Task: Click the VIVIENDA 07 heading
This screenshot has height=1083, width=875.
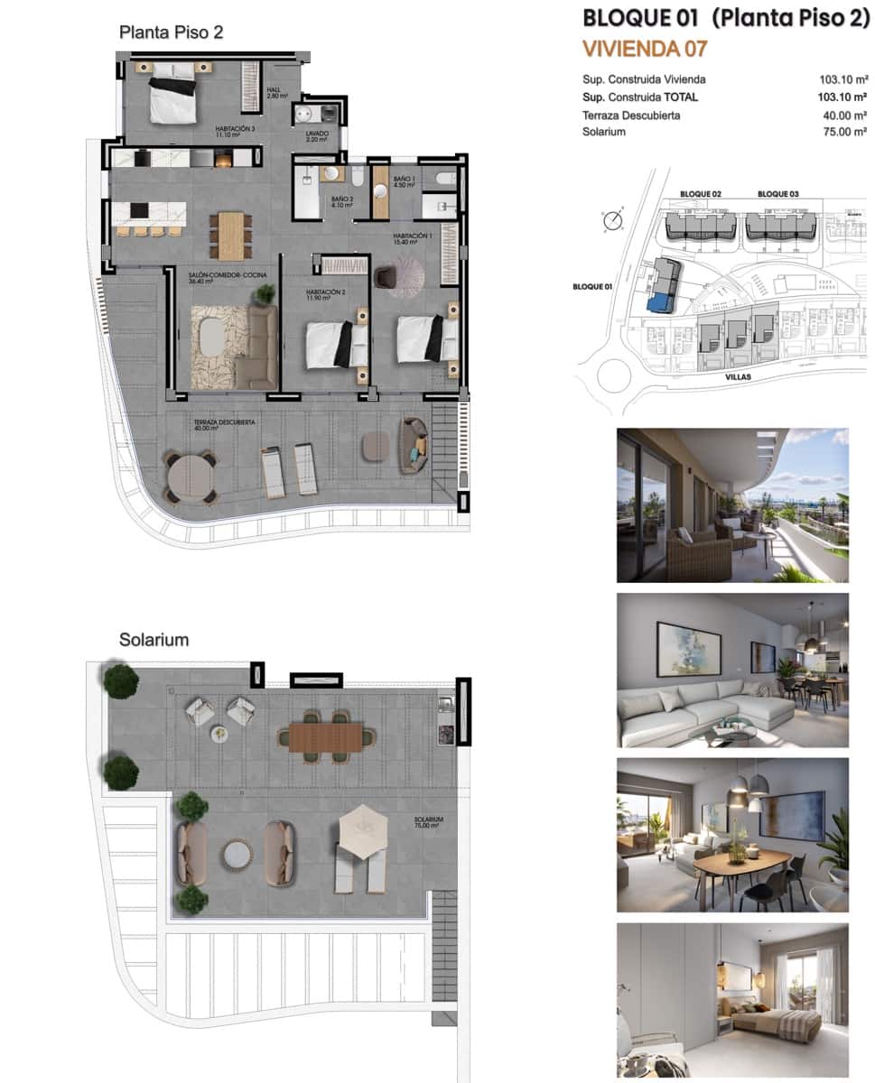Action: point(645,48)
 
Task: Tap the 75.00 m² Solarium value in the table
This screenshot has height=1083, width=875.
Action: point(842,132)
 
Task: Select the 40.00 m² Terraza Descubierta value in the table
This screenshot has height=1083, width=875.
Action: point(842,116)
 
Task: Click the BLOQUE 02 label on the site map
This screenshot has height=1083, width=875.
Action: point(701,194)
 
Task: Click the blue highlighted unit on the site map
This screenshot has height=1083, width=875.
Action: point(665,301)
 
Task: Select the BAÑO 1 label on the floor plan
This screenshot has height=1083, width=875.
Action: point(404,180)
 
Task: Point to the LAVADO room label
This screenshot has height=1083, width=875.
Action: point(316,134)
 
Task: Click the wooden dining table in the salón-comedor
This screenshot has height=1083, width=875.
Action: point(231,235)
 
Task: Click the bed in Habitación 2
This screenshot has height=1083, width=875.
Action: point(336,345)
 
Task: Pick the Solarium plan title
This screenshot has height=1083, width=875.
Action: point(154,640)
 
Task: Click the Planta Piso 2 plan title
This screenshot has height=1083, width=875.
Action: point(171,32)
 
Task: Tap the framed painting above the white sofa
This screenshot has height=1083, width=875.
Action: point(688,649)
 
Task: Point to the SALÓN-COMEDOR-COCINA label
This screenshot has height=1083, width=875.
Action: point(228,275)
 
